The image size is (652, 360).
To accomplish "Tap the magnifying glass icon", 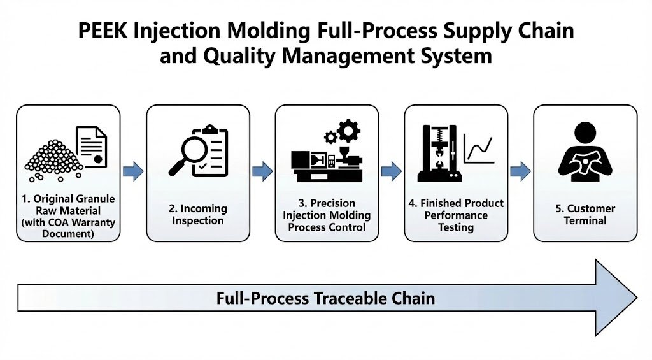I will [185, 152].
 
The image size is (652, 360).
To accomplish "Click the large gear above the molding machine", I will [348, 131].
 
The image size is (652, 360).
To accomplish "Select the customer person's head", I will [585, 133].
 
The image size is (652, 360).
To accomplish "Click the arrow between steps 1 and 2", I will [132, 171].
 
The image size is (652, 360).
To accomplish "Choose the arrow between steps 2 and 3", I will [262, 171].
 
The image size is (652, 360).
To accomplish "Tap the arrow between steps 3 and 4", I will [391, 171].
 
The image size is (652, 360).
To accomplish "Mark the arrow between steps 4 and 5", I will [520, 171].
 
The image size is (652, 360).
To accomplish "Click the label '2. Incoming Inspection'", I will [197, 215].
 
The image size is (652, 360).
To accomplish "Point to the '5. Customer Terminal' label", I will [585, 215].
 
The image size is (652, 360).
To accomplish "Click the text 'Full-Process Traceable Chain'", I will [325, 298].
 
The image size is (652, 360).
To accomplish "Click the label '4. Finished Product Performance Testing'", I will [456, 215].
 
